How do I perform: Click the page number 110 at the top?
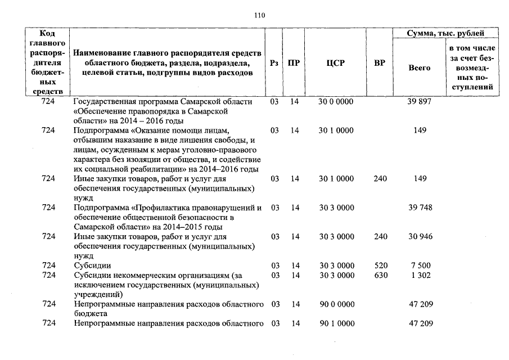pyautogui.click(x=259, y=15)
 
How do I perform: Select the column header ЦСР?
pyautogui.click(x=335, y=64)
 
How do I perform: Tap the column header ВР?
pyautogui.click(x=380, y=64)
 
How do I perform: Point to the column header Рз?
pyautogui.click(x=274, y=64)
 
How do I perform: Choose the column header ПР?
pyautogui.click(x=294, y=64)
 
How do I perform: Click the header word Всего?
pyautogui.click(x=420, y=68)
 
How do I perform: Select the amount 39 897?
pyautogui.click(x=420, y=102)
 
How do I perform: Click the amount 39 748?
pyautogui.click(x=420, y=208)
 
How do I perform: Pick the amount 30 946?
pyautogui.click(x=420, y=237)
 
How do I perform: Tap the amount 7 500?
pyautogui.click(x=420, y=265)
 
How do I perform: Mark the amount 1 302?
pyautogui.click(x=420, y=275)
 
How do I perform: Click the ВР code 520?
pyautogui.click(x=380, y=265)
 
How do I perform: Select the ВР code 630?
pyautogui.click(x=380, y=275)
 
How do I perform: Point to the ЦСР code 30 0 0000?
pyautogui.click(x=336, y=102)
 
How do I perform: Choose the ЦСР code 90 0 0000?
pyautogui.click(x=336, y=304)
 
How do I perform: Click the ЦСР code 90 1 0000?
pyautogui.click(x=336, y=323)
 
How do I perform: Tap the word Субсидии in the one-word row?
pyautogui.click(x=92, y=265)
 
